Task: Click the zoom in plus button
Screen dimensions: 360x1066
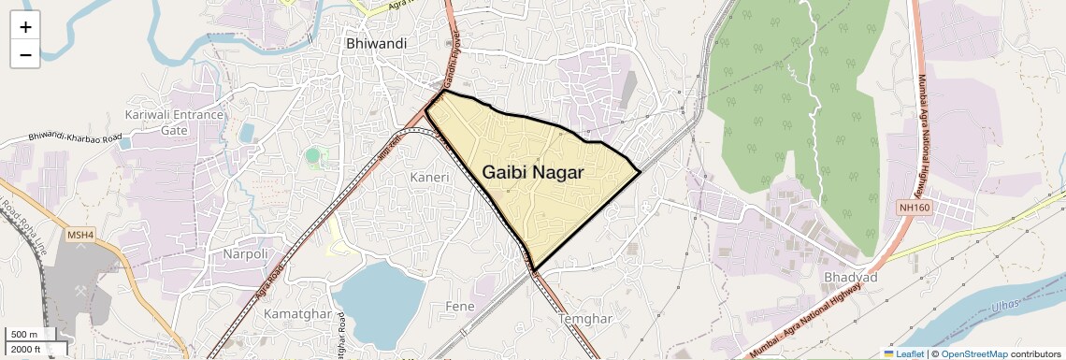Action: point(25,26)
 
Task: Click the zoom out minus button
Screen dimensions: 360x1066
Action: point(25,54)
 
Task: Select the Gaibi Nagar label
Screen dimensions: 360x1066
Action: point(533,173)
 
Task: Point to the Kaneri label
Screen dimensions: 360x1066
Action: point(430,177)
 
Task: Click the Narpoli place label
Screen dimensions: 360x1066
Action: point(245,253)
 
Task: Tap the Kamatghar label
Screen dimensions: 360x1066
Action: point(298,312)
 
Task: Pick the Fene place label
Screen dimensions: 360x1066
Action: point(461,306)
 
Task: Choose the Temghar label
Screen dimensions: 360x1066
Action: point(584,319)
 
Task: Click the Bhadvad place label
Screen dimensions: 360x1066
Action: point(850,278)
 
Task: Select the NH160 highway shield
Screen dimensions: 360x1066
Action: point(915,207)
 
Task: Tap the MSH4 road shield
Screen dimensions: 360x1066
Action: point(81,235)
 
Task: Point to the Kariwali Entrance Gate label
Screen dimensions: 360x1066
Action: point(175,122)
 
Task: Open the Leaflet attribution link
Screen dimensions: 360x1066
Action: point(903,353)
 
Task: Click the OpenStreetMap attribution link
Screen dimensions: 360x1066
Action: point(973,353)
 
